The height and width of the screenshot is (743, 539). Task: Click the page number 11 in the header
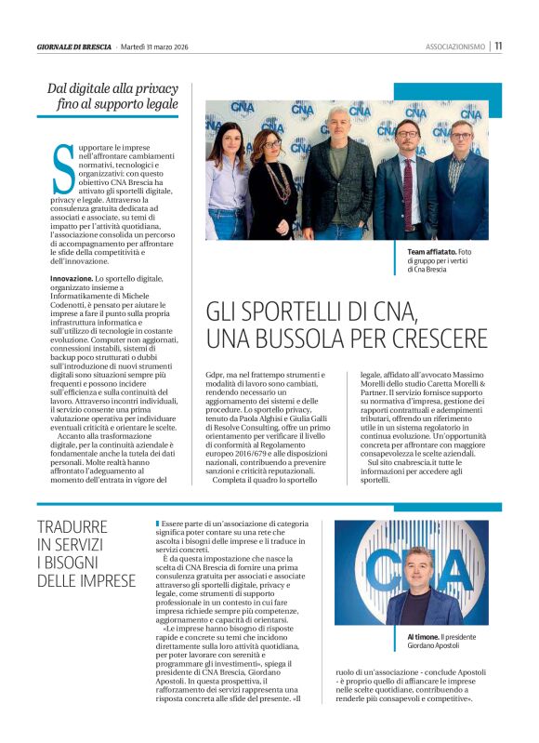tap(498, 45)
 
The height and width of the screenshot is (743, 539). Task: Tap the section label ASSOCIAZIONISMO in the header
tap(456, 46)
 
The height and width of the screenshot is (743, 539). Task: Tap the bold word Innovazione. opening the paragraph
tap(72, 278)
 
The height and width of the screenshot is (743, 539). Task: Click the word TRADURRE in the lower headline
tap(72, 526)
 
